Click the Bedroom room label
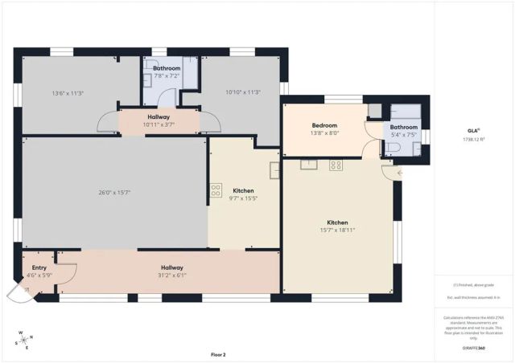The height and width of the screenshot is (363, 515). (324, 125)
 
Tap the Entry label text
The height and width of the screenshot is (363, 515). (39, 267)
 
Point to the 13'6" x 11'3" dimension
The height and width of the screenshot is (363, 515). (68, 93)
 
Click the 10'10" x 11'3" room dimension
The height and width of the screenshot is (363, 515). (242, 92)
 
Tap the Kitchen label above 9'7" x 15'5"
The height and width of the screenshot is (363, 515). (244, 190)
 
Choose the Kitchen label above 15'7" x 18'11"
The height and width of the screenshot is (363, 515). (337, 222)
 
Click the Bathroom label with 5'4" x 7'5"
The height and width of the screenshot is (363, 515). (404, 127)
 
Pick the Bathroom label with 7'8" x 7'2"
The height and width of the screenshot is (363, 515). (167, 68)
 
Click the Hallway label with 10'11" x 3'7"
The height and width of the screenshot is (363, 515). (159, 116)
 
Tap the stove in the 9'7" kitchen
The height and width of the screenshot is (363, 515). (216, 190)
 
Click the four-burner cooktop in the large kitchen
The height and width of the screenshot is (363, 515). (336, 165)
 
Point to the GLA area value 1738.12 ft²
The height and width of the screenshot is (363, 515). (473, 140)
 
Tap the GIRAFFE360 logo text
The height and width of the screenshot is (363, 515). (473, 349)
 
